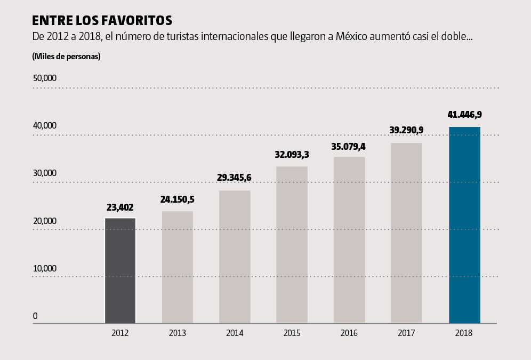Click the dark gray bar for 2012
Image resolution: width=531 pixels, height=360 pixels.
(x=120, y=270)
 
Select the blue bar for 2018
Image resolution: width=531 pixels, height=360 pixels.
(x=464, y=225)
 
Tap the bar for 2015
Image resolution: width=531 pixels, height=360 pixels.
(x=292, y=245)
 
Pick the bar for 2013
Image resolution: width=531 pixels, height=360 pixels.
(x=177, y=267)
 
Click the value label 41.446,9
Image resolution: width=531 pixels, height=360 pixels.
(x=464, y=115)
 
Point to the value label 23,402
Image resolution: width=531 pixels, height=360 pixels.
(x=120, y=207)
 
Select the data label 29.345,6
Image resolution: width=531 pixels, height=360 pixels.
(x=235, y=178)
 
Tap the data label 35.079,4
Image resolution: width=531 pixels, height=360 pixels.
(x=349, y=146)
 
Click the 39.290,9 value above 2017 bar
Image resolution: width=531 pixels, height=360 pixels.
(x=406, y=131)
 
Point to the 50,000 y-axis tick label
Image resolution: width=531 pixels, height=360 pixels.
(x=45, y=78)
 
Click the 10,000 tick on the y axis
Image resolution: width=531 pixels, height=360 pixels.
(x=45, y=268)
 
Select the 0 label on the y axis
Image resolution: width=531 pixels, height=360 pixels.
(x=35, y=316)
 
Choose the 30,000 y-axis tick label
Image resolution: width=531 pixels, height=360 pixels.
(x=45, y=173)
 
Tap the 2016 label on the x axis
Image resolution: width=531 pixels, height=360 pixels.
(x=349, y=333)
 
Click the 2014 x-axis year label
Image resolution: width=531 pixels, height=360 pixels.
(x=235, y=333)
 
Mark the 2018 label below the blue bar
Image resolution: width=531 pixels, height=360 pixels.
(x=464, y=333)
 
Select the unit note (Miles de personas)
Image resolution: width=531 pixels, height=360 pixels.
(x=66, y=56)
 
